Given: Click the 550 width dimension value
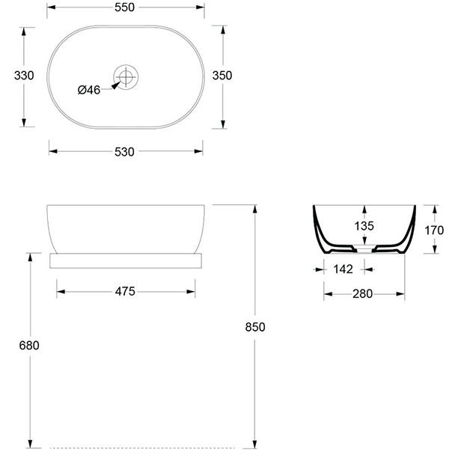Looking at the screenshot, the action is pos(124,7).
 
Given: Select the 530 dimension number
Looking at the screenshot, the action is pos(124,152).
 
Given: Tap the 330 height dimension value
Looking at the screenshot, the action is pos(24,76).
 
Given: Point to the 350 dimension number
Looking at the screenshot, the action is pos(222,76).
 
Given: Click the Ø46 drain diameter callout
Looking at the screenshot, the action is pos(89,90).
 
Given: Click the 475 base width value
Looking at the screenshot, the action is pos(125,291).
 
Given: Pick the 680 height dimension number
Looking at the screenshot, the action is pos(29,345).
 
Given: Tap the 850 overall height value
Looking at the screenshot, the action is pos(255,327).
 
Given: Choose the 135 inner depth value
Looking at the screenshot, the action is pos(364,226).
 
